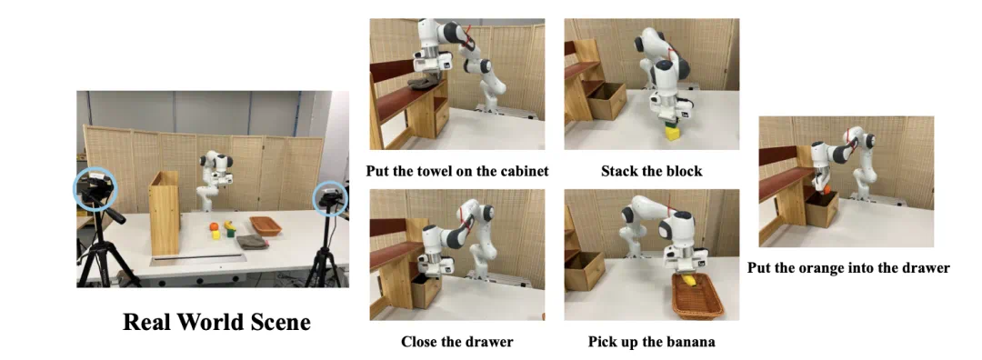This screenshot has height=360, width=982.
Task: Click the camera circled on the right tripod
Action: point(330,199)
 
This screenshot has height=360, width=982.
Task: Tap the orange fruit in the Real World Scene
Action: point(215,226)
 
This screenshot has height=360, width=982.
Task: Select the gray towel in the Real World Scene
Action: point(253,242)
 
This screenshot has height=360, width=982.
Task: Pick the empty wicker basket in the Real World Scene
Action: point(265,225)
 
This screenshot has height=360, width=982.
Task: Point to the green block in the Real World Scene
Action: point(230,232)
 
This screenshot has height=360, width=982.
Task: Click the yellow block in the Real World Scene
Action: point(216,235)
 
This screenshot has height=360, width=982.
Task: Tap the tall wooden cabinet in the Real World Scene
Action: point(165,213)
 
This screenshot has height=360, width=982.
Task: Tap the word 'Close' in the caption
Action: point(418,342)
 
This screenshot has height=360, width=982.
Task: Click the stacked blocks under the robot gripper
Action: point(671,132)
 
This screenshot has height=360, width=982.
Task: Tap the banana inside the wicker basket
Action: point(688,281)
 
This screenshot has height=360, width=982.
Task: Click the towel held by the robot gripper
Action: point(424,82)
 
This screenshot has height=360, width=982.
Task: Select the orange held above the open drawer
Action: point(827,188)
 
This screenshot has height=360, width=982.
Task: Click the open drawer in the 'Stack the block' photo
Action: point(606,100)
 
